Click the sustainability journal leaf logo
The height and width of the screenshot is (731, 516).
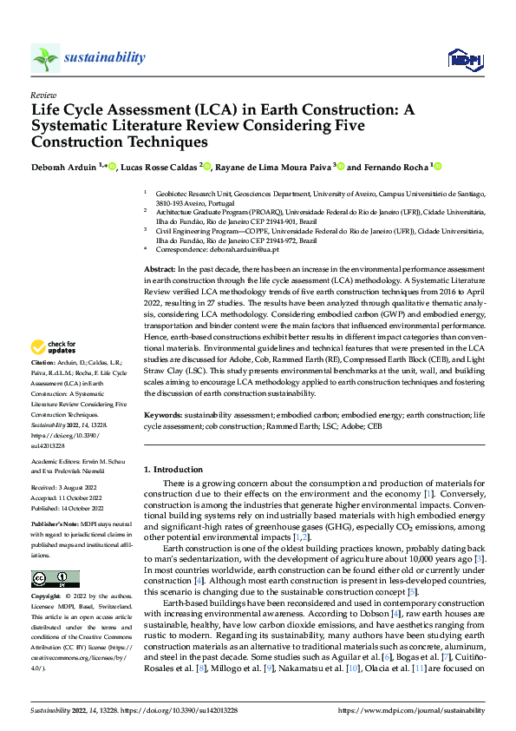(46, 58)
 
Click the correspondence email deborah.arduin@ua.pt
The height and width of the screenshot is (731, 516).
(250, 249)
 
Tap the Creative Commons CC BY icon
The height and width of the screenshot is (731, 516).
(55, 578)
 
